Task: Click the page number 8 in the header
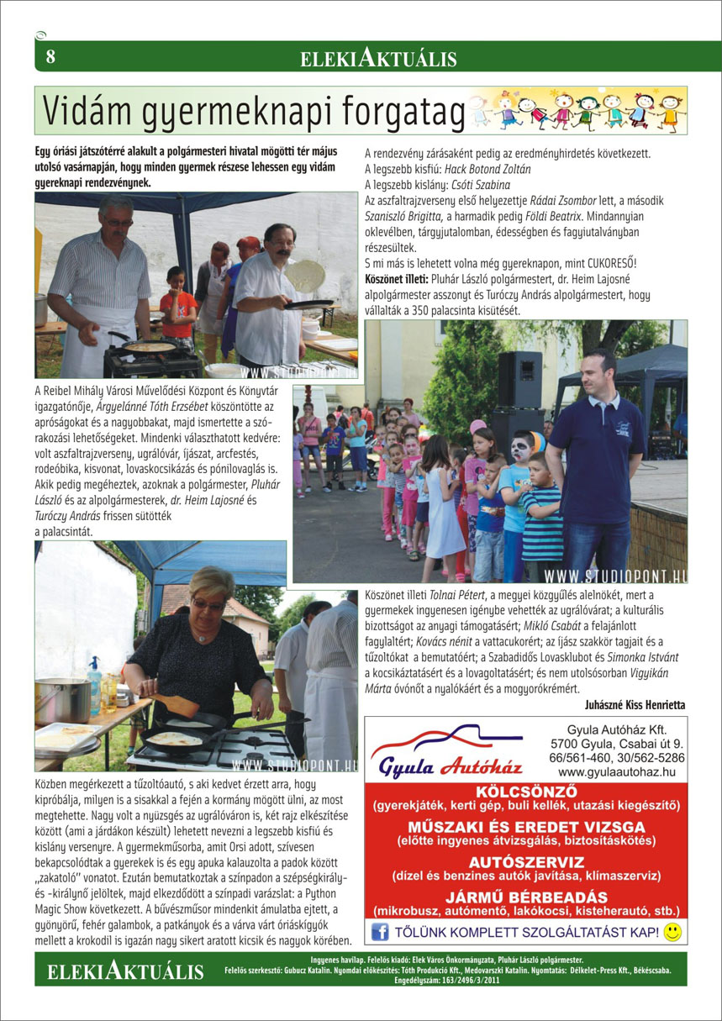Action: tap(50, 57)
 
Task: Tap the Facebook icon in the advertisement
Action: tap(380, 931)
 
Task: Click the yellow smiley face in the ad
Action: tap(672, 931)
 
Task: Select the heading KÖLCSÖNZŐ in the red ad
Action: tap(525, 792)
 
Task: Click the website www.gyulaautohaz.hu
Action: tap(616, 771)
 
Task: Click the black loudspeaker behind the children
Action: tap(519, 380)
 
